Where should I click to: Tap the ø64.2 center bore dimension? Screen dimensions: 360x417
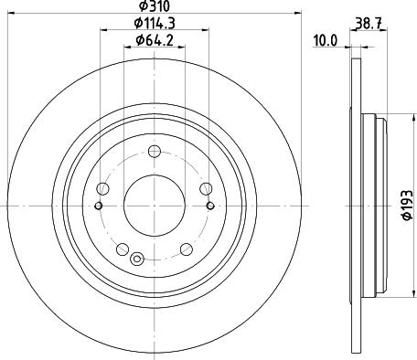pyautogui.click(x=154, y=39)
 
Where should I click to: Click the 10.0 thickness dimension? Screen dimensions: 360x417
pyautogui.click(x=326, y=39)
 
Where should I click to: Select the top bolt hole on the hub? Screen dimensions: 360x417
pyautogui.click(x=154, y=151)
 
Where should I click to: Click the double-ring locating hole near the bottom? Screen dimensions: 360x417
pyautogui.click(x=137, y=258)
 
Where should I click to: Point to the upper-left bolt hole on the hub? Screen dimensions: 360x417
pyautogui.click(x=103, y=188)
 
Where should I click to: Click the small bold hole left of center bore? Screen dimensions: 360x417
pyautogui.click(x=97, y=206)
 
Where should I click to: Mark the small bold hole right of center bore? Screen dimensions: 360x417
pyautogui.click(x=210, y=206)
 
